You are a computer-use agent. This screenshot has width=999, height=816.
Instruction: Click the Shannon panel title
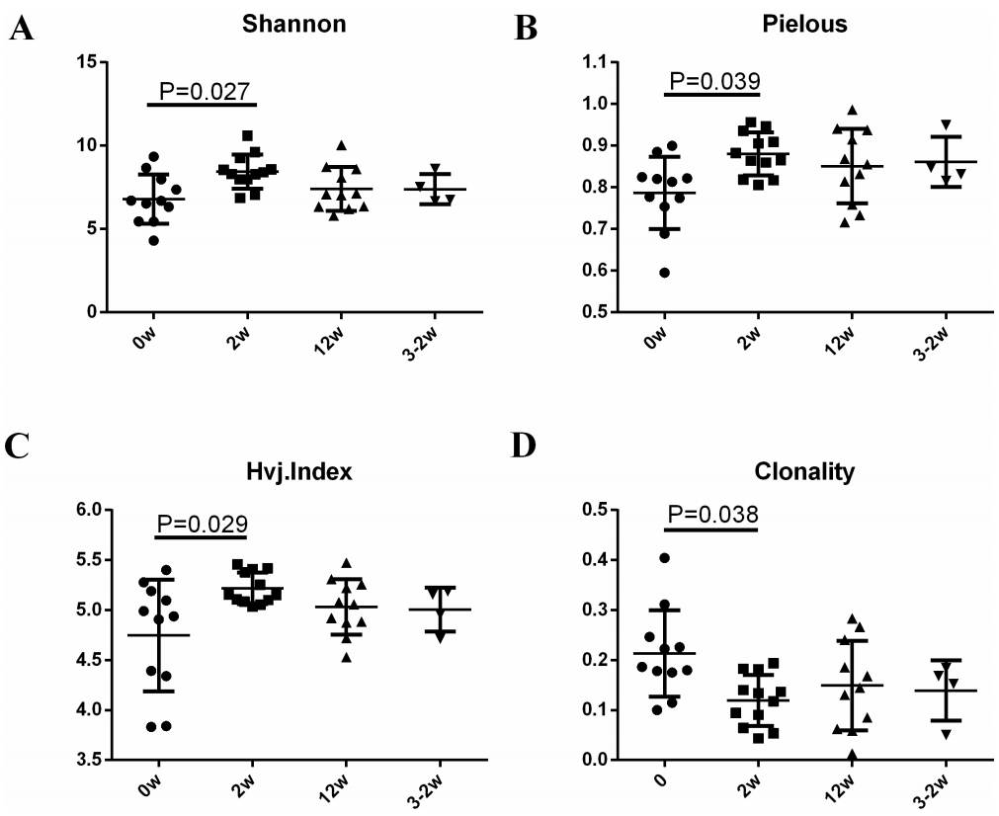(x=294, y=25)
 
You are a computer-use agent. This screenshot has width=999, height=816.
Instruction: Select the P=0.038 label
(x=712, y=514)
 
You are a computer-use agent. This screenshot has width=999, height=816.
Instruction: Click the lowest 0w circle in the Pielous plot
(x=664, y=273)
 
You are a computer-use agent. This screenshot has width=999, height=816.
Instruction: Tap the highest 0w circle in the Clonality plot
(x=664, y=558)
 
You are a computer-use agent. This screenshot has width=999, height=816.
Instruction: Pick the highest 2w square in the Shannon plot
(x=247, y=135)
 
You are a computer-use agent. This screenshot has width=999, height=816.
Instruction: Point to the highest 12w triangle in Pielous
(x=852, y=110)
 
